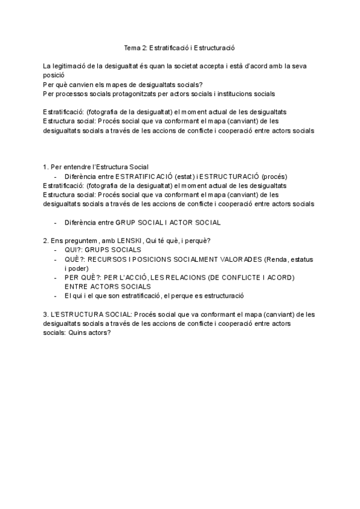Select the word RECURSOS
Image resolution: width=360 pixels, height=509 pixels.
pyautogui.click(x=109, y=259)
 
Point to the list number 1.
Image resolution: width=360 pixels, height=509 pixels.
pyautogui.click(x=46, y=167)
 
